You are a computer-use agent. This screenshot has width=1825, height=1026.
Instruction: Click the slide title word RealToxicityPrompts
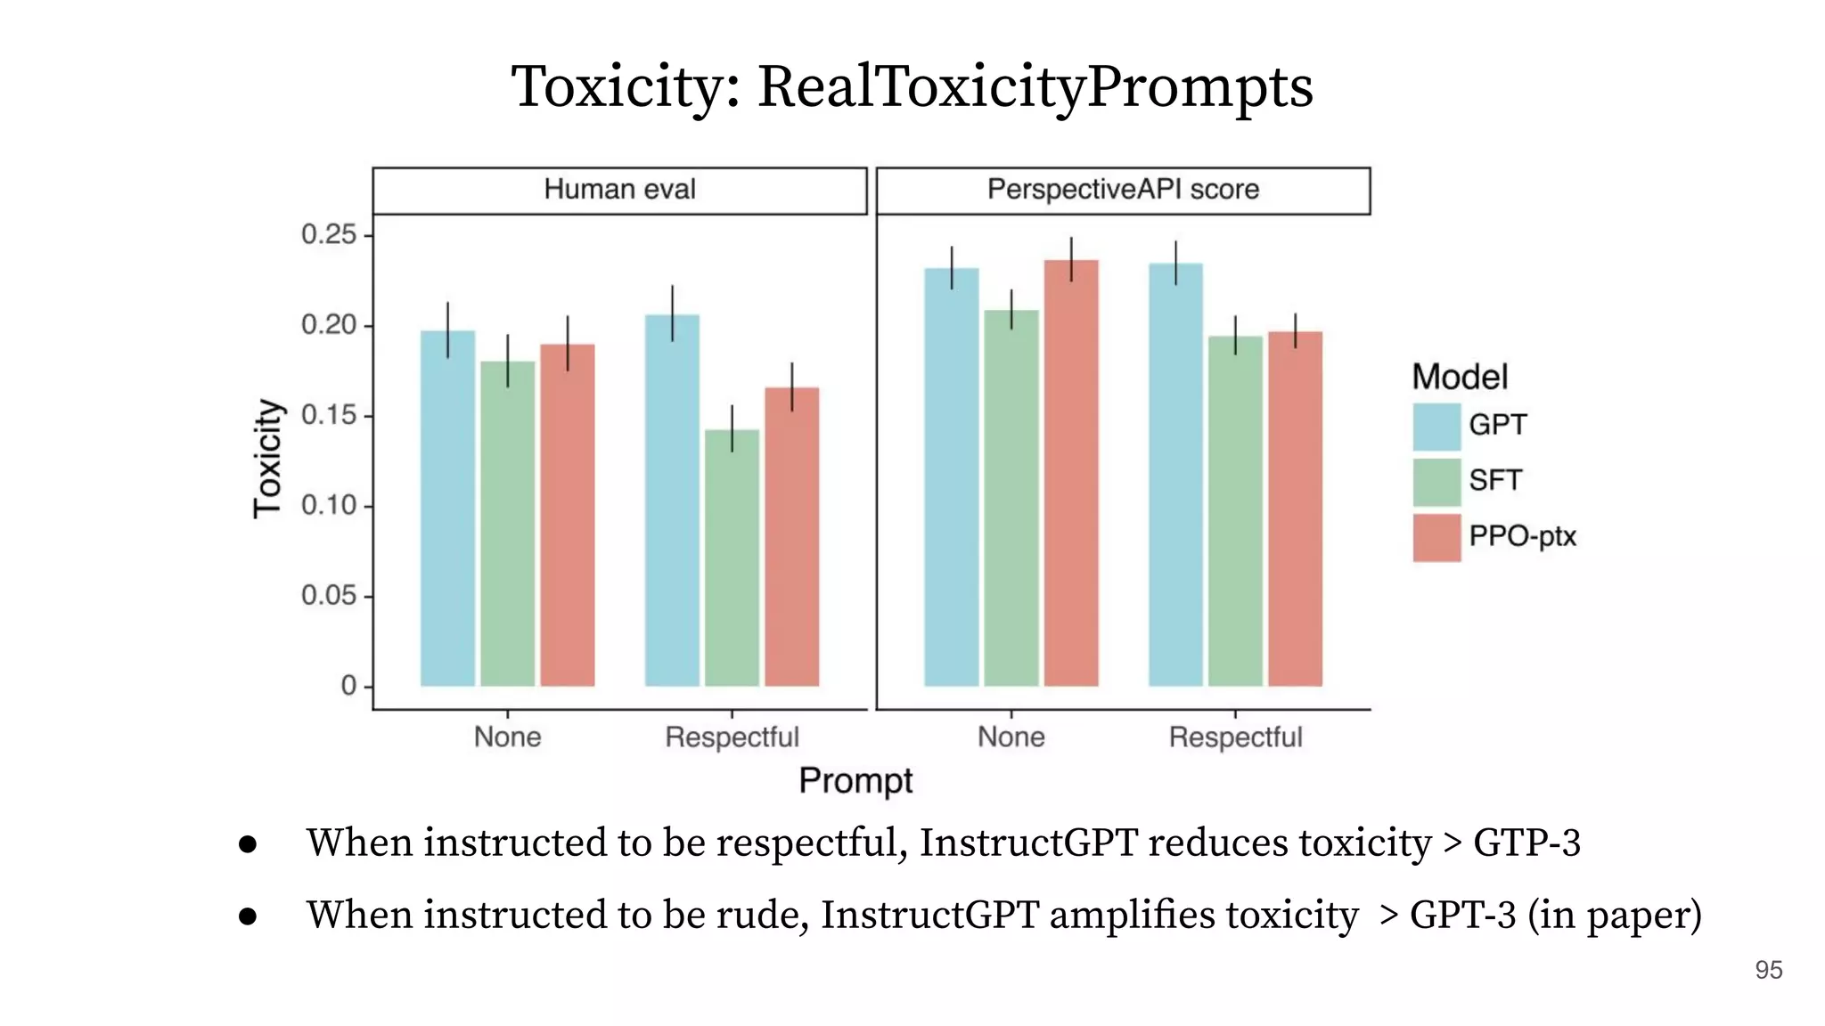[1034, 87]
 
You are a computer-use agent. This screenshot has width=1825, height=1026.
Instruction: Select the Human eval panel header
[619, 190]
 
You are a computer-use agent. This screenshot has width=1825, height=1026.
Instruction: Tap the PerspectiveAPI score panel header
[1123, 190]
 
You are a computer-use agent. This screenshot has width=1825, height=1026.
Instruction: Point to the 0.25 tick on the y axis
[329, 235]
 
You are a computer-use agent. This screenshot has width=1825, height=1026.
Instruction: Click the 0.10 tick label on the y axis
[329, 506]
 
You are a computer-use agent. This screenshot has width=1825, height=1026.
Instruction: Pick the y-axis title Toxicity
[268, 458]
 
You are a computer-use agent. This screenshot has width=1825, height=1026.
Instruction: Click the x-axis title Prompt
[855, 780]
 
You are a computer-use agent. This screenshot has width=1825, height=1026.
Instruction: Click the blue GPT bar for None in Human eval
[447, 508]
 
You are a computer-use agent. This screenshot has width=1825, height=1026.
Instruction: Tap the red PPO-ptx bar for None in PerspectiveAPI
[1071, 472]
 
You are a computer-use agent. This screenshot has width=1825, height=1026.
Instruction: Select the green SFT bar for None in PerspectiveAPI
[1011, 498]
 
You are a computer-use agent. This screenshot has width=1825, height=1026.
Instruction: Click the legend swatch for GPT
[1436, 426]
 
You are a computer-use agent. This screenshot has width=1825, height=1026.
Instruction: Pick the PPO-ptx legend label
[1522, 537]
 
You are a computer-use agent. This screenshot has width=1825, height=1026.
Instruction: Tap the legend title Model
[1460, 378]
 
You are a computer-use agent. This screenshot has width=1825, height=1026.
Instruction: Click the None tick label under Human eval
[507, 737]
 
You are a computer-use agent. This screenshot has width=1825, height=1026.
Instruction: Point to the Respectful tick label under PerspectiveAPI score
[1235, 737]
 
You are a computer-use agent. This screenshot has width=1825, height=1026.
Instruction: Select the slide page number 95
[1768, 970]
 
